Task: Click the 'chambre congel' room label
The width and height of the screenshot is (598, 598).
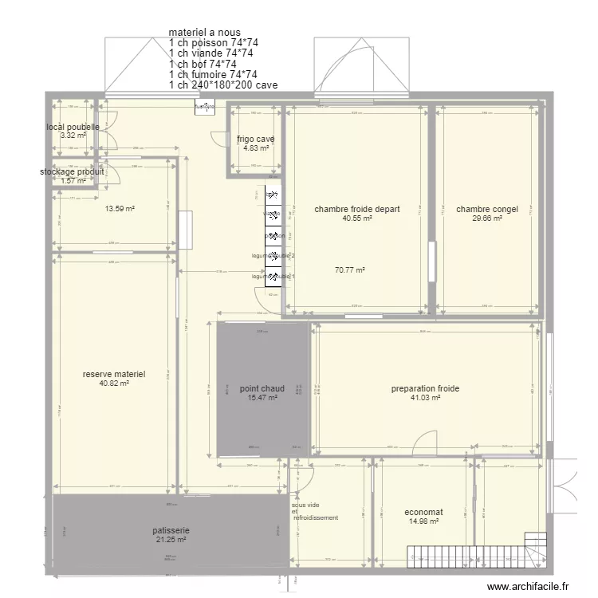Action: tap(486, 210)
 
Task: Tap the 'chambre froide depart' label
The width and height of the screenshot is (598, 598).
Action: tap(356, 210)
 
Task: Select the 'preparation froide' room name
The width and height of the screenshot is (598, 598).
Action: tap(425, 389)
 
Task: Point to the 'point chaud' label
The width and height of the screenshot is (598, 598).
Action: tap(262, 388)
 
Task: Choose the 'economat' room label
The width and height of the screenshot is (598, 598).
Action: tap(423, 513)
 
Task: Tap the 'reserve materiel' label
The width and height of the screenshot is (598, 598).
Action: tap(114, 373)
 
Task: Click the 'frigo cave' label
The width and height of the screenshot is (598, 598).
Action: tap(255, 139)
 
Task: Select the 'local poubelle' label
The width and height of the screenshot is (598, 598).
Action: tap(73, 127)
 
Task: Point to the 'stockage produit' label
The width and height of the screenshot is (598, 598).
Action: tap(72, 171)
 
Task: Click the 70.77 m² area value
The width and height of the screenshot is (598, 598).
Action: tap(349, 270)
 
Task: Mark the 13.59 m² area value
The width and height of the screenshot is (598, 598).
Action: tap(120, 210)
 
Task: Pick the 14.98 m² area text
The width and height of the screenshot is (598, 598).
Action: tap(423, 522)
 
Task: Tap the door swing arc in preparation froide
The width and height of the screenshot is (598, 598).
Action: tap(427, 441)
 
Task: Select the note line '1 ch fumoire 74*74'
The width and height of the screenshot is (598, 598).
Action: tap(212, 74)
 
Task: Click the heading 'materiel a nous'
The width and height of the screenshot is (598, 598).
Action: tap(204, 33)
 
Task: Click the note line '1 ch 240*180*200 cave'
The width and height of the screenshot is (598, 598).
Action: tap(223, 85)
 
